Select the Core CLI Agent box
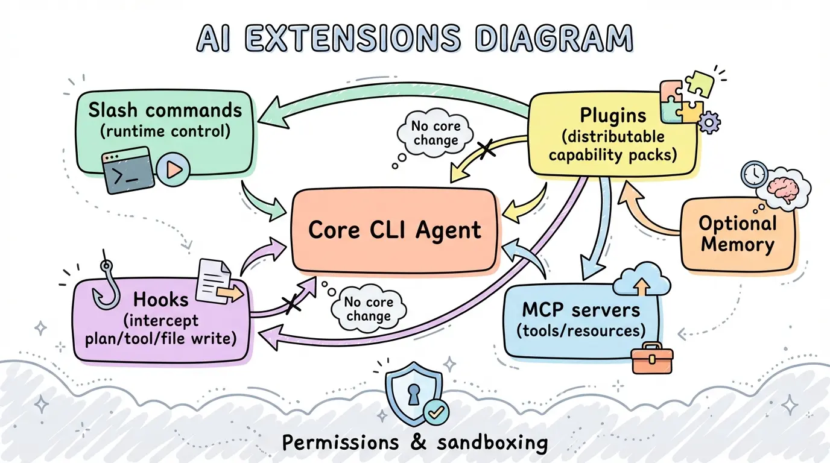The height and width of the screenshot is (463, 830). pyautogui.click(x=395, y=230)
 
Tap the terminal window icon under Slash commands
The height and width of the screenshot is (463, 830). pyautogui.click(x=127, y=170)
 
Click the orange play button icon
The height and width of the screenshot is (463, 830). pyautogui.click(x=173, y=170)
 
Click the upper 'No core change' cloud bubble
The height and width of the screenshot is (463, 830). pyautogui.click(x=434, y=133)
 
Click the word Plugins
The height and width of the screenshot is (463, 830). pyautogui.click(x=613, y=116)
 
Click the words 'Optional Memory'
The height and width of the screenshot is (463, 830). pyautogui.click(x=737, y=234)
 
